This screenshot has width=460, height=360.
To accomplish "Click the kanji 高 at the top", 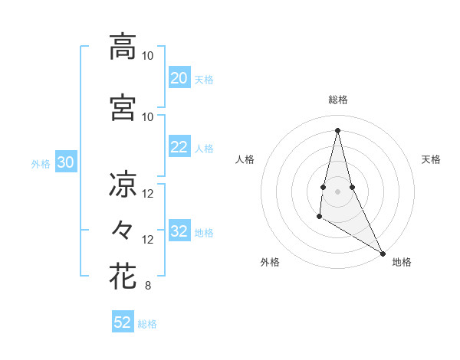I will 123,47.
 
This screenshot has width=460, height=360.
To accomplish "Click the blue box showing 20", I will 179,78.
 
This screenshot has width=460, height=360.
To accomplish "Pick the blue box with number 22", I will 179,148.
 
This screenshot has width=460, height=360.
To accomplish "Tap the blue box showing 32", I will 179,232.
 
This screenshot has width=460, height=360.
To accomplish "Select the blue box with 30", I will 66,162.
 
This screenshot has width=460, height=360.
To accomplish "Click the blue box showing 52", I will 123,322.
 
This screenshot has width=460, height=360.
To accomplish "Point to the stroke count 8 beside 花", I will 147,286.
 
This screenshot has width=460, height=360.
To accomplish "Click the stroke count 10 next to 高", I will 148,56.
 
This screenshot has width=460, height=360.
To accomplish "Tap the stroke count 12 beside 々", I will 148,240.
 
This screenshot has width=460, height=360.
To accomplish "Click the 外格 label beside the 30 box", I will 41,163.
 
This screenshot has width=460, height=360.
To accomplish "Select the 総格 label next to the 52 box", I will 147,324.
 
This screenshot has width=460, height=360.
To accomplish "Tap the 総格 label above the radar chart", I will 337,100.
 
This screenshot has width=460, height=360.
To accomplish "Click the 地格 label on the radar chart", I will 402,262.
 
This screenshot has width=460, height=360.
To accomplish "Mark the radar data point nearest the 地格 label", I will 383,253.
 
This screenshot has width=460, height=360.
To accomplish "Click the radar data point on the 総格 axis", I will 337,129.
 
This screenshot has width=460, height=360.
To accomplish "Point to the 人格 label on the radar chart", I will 245,159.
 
